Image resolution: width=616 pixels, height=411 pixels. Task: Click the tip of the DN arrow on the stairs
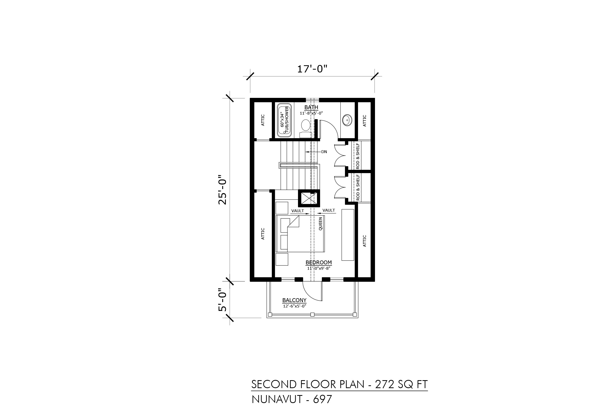click(305, 152)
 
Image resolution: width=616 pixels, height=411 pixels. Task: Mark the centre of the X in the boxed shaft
click(309, 198)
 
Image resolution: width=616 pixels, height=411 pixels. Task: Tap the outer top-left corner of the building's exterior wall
click(250, 98)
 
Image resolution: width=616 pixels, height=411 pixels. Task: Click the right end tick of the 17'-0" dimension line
click(374, 76)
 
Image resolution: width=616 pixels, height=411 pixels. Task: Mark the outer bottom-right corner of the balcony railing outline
click(358, 318)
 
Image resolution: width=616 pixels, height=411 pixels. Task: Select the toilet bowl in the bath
click(305, 125)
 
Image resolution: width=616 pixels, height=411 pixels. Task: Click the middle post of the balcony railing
click(312, 314)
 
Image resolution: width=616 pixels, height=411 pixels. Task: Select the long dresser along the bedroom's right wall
click(348, 235)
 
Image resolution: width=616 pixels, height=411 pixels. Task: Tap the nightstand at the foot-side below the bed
click(282, 259)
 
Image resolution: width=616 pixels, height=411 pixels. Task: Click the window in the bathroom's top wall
click(312, 100)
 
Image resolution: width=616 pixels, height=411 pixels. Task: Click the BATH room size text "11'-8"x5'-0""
click(311, 113)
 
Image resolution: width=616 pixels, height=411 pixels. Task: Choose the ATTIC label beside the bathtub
click(263, 120)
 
